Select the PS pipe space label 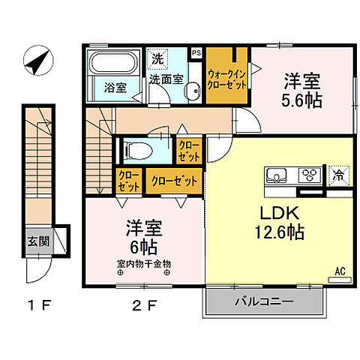pyautogui.click(x=196, y=52)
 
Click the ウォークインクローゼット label pyautogui.click(x=228, y=79)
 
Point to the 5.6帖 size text pyautogui.click(x=302, y=99)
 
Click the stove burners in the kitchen pyautogui.click(x=308, y=177)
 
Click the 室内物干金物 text pyautogui.click(x=144, y=263)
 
